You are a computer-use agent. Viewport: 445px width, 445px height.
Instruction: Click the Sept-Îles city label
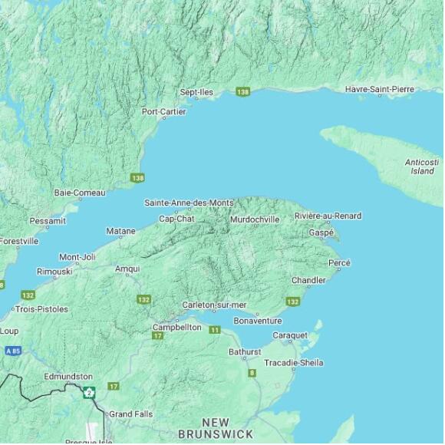pyautogui.click(x=196, y=92)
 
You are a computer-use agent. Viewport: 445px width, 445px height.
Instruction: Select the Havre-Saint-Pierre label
pyautogui.click(x=379, y=89)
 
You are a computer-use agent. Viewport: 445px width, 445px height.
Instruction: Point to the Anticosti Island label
pyautogui.click(x=422, y=166)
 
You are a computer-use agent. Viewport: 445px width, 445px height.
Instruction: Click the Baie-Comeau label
pyautogui.click(x=80, y=193)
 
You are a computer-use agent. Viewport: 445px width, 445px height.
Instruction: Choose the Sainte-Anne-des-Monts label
pyautogui.click(x=189, y=203)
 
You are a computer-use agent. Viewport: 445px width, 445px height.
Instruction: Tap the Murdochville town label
pyautogui.click(x=255, y=219)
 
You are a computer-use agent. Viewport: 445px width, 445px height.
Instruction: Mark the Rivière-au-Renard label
pyautogui.click(x=328, y=216)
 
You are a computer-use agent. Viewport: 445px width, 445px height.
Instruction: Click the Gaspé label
pyautogui.click(x=321, y=232)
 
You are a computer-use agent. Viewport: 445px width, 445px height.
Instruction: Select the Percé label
pyautogui.click(x=339, y=263)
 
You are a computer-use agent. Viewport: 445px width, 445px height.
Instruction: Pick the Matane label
pyautogui.click(x=120, y=231)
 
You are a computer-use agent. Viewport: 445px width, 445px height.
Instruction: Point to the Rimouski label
pyautogui.click(x=54, y=272)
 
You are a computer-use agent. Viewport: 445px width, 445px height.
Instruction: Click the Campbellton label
pyautogui.click(x=176, y=327)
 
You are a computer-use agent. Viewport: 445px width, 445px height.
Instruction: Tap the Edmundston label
pyautogui.click(x=68, y=377)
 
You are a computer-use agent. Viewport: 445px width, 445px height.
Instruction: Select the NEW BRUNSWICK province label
pyautogui.click(x=216, y=428)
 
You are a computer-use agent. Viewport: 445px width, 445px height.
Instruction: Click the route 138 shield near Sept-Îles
pyautogui.click(x=243, y=92)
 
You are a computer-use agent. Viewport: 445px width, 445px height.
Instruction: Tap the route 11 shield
pyautogui.click(x=215, y=330)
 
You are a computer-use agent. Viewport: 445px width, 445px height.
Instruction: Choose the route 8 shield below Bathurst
pyautogui.click(x=252, y=373)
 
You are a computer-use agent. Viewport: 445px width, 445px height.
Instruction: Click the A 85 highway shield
pyautogui.click(x=12, y=351)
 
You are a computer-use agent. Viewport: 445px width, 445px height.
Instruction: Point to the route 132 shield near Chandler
pyautogui.click(x=292, y=302)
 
